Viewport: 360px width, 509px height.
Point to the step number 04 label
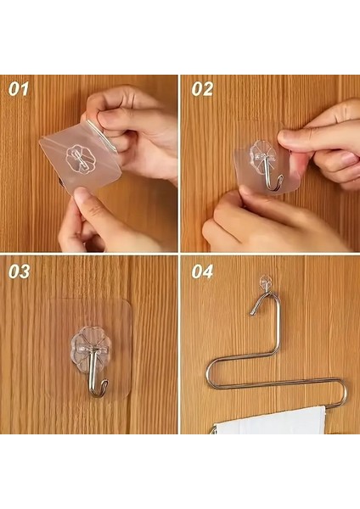tap(202, 272)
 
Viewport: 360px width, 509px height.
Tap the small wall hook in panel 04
tap(267, 279)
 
